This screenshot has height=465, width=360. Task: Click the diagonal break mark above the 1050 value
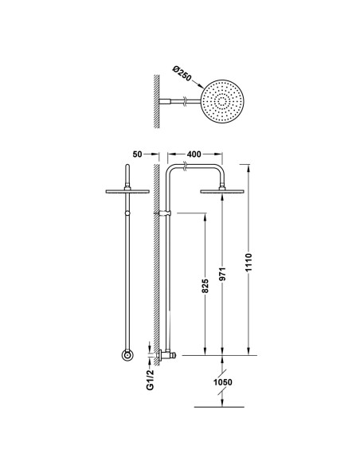pos(223,368)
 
